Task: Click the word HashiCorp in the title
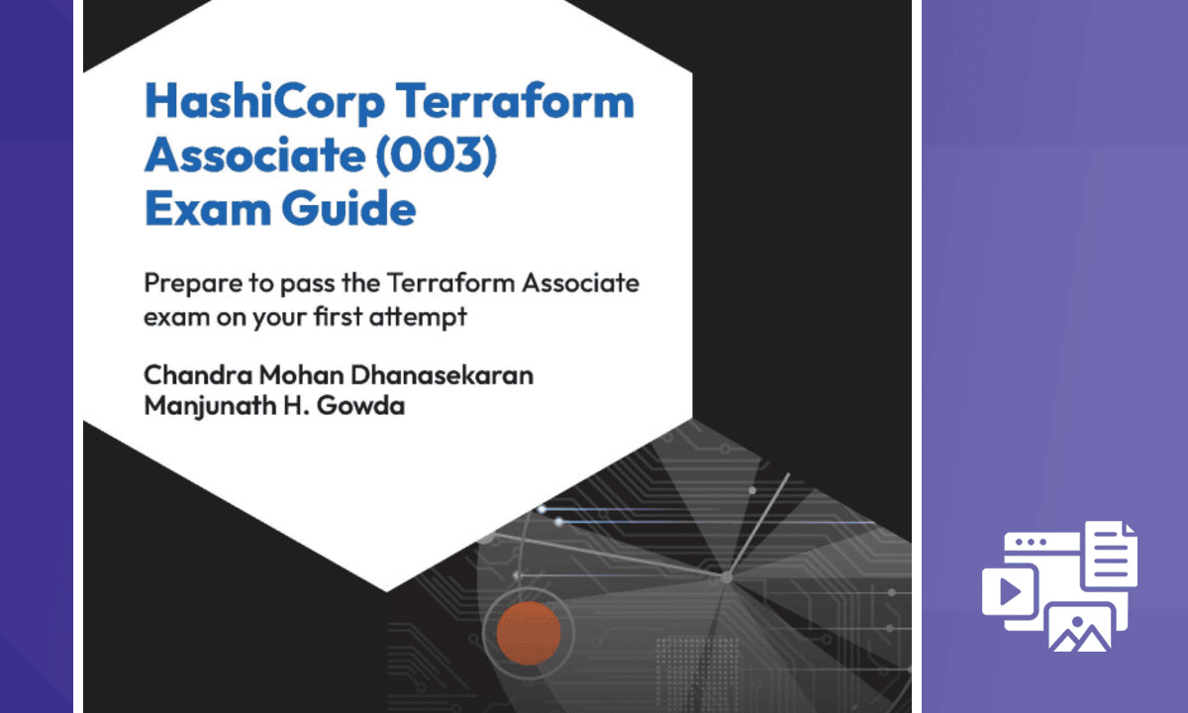click(x=264, y=103)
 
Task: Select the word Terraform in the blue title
click(x=515, y=101)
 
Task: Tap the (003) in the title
click(x=437, y=154)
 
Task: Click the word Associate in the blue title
click(x=255, y=154)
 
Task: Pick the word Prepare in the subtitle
click(x=194, y=284)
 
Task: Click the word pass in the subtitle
click(x=308, y=285)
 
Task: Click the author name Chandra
click(x=198, y=375)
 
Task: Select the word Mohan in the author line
click(x=301, y=375)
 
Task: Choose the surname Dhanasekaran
click(x=442, y=375)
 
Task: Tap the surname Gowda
click(x=360, y=406)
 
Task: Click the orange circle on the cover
click(x=529, y=633)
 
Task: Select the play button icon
click(x=1010, y=591)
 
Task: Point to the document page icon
click(x=1111, y=554)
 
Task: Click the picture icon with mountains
click(x=1080, y=628)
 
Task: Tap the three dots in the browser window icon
click(x=1032, y=543)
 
